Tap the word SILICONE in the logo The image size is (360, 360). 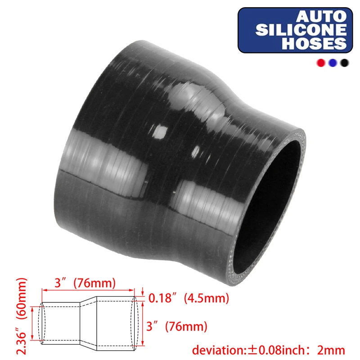click(x=301, y=30)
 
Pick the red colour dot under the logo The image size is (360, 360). click(x=321, y=63)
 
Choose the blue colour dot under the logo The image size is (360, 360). click(x=333, y=63)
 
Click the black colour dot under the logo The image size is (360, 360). click(x=345, y=63)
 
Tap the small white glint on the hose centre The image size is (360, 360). click(x=158, y=133)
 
